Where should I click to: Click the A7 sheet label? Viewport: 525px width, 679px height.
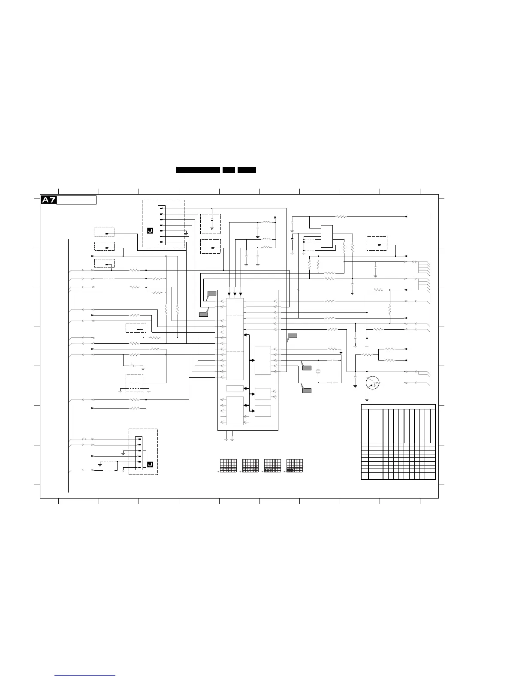coord(48,200)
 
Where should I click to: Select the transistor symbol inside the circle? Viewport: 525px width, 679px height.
coord(372,383)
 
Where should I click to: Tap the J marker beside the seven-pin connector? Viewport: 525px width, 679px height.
coord(150,231)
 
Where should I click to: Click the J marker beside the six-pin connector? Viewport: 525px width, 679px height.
coord(150,465)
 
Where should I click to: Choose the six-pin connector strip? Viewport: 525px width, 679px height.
coord(139,453)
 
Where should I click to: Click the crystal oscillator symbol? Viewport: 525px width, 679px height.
coord(318,371)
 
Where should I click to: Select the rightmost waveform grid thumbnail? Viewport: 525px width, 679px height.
coord(294,466)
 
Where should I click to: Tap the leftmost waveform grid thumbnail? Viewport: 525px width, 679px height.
coord(228,466)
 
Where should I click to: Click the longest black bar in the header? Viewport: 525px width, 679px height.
coord(198,170)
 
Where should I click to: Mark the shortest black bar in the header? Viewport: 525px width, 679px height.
coord(229,170)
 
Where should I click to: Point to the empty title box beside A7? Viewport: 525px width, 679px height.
coord(77,200)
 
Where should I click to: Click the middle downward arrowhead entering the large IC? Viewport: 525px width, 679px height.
coord(235,294)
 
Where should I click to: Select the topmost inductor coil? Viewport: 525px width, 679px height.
coord(267,222)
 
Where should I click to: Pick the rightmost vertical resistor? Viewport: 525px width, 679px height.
coord(389,309)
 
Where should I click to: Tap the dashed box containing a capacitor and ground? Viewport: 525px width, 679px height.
coord(211,224)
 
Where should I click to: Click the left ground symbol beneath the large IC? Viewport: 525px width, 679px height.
coord(226,439)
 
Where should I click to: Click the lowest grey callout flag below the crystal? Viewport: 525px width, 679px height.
coord(307,390)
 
